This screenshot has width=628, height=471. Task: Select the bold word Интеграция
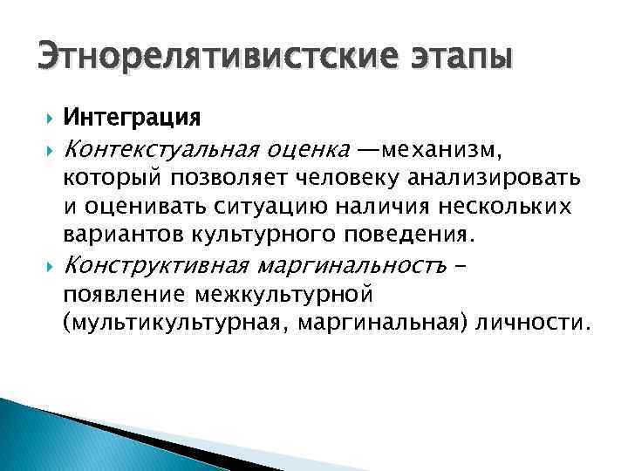tap(133, 116)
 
